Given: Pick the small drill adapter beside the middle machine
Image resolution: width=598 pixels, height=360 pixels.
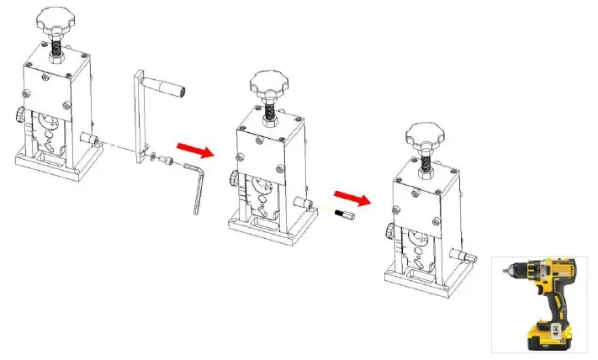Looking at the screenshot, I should [343, 217].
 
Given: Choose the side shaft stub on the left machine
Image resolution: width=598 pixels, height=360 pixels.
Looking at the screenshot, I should [87, 137].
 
